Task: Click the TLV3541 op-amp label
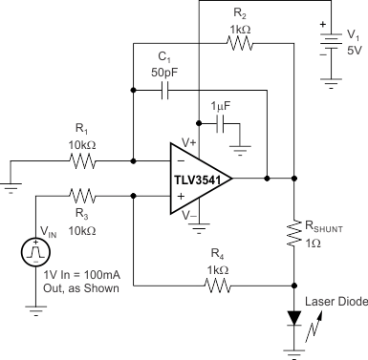pos(203,178)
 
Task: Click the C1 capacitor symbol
pos(164,91)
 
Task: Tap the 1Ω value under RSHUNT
pos(313,243)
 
